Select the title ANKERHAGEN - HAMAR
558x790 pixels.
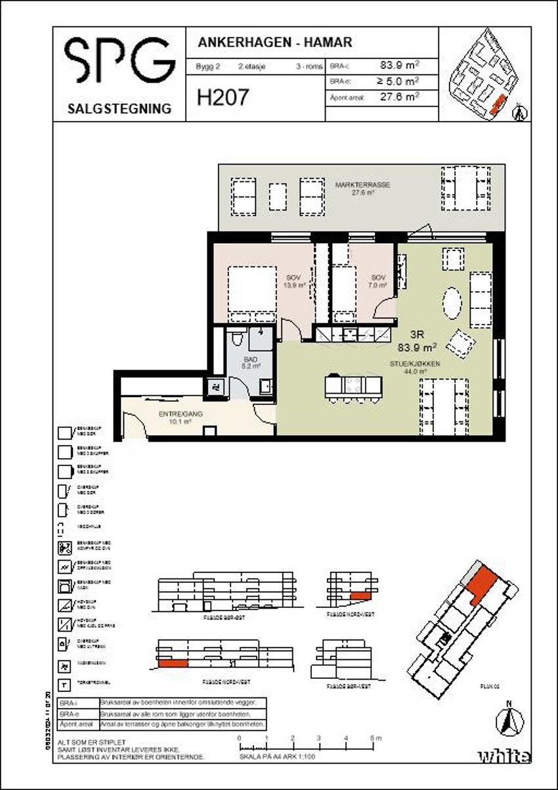[274, 43]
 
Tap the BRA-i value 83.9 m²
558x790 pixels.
[399, 65]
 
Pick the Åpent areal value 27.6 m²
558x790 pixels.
[399, 97]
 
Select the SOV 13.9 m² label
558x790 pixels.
[295, 281]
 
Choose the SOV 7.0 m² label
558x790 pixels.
[378, 281]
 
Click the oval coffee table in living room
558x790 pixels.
[452, 304]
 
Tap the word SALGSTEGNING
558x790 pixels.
[119, 108]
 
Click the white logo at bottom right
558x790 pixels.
[504, 756]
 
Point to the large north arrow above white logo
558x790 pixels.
[509, 721]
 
